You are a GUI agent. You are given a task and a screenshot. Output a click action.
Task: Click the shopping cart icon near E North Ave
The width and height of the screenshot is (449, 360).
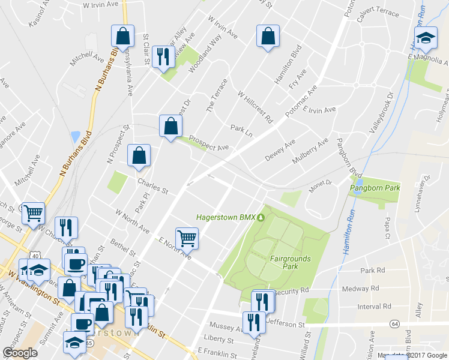coord(187,238)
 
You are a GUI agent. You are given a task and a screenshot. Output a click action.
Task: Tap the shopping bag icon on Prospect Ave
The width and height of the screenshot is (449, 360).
coord(170,126)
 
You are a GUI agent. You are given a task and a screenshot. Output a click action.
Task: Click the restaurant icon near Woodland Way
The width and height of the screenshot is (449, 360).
coord(163,57)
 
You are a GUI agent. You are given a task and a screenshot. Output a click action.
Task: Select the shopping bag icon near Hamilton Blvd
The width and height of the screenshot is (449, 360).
coord(267,36)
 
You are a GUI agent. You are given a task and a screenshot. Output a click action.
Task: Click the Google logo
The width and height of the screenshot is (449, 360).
coord(20,353)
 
